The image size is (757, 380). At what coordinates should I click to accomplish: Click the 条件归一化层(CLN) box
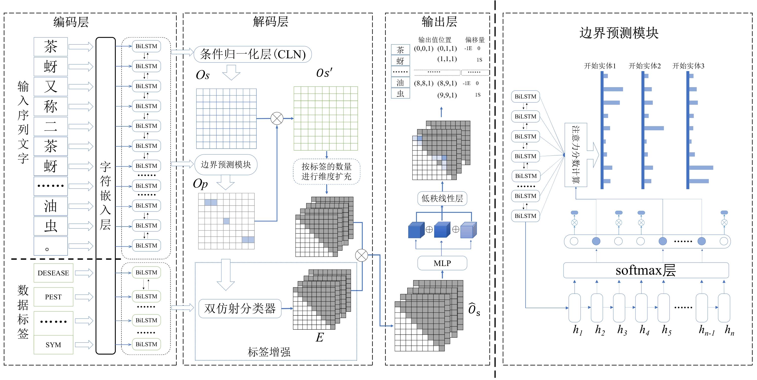[x=252, y=54]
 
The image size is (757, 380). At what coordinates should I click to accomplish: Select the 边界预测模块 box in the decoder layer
[x=226, y=165]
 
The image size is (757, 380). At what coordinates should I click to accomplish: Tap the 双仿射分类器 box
[x=240, y=308]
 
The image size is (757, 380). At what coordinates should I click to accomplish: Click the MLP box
[x=442, y=263]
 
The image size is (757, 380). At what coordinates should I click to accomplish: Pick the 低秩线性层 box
[x=442, y=198]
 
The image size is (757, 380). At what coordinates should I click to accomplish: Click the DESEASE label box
[x=53, y=273]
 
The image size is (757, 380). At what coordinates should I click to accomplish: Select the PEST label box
[x=53, y=297]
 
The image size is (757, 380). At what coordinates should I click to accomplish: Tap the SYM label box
[x=53, y=345]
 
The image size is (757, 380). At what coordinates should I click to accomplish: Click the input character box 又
[x=51, y=86]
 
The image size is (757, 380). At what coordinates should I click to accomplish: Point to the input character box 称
[x=51, y=106]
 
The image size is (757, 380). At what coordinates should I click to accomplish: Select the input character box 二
[x=51, y=126]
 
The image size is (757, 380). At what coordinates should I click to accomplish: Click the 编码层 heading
[x=71, y=22]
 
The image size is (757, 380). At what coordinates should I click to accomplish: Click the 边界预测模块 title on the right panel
[x=619, y=33]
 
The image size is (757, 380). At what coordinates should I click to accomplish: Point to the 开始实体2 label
[x=644, y=66]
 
